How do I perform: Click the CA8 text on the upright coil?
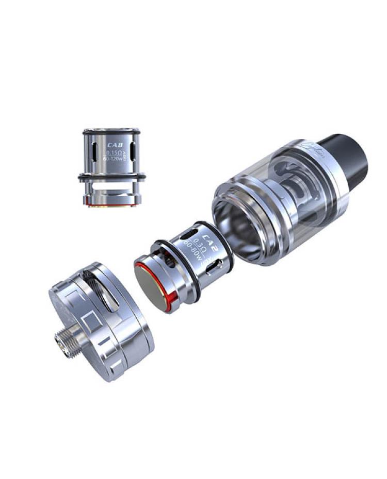click(x=113, y=144)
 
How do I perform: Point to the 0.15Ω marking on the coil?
click(x=112, y=153)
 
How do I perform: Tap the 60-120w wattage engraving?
click(x=112, y=160)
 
